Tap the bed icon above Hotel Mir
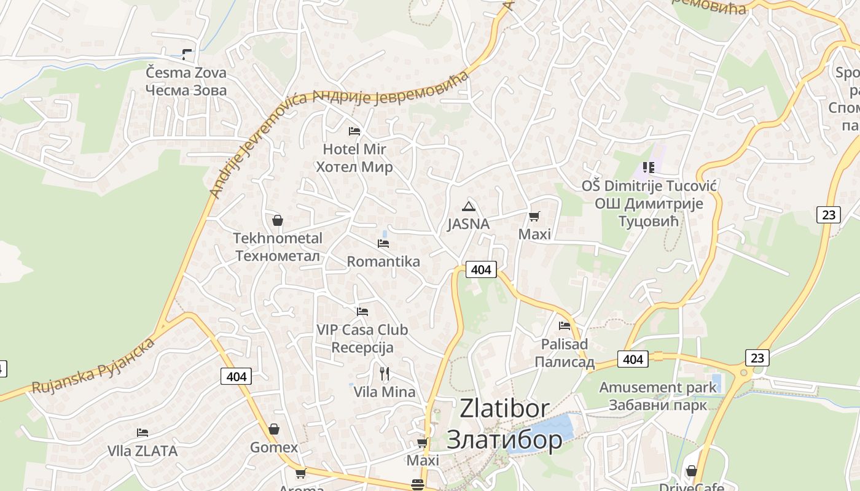354,131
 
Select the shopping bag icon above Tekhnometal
278,220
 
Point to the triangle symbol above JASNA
469,206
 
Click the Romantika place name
383,261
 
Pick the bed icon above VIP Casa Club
362,312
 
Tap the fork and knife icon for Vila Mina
385,373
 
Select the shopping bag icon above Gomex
274,429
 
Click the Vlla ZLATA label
143,451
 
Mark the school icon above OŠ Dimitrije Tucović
648,167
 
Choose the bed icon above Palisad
565,326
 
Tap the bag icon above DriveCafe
692,471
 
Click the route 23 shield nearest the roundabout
757,357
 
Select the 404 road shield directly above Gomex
236,376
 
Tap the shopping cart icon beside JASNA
534,216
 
